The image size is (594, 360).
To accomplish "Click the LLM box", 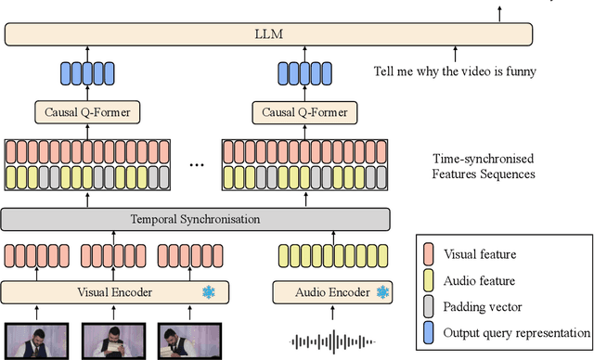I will pyautogui.click(x=269, y=35).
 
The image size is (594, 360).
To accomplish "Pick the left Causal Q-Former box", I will pyautogui.click(x=88, y=113).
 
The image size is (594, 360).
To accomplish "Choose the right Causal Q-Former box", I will pyautogui.click(x=298, y=113).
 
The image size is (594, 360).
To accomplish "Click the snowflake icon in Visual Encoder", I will pyautogui.click(x=210, y=292).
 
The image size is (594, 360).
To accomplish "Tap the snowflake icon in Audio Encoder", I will pyautogui.click(x=381, y=292).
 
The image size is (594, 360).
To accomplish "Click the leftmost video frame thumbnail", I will pyautogui.click(x=34, y=340).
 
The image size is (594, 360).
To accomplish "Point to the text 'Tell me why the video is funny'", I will pyautogui.click(x=455, y=70).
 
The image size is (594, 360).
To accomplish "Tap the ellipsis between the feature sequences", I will pyautogui.click(x=196, y=164).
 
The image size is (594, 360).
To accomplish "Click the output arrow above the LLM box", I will pyautogui.click(x=499, y=11).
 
